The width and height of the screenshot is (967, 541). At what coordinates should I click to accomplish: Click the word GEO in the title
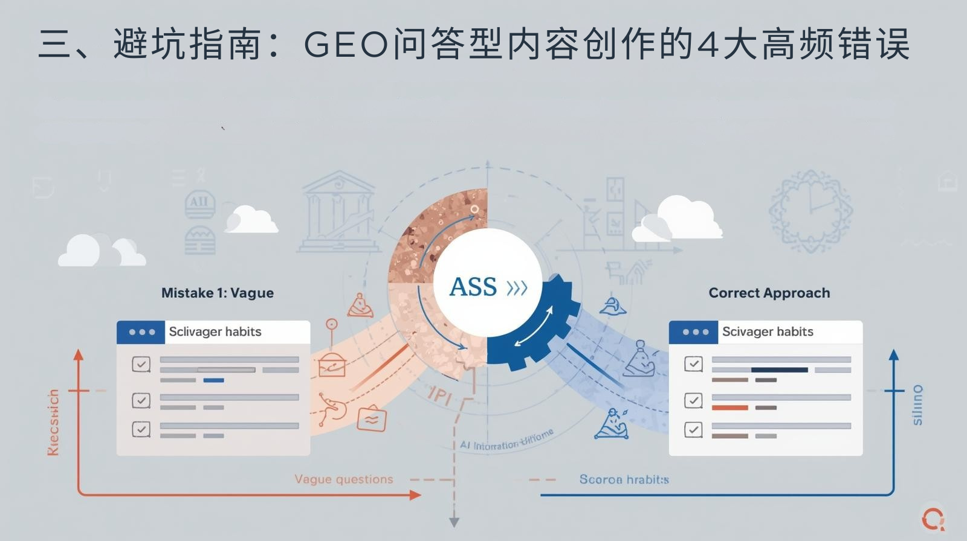tap(345, 44)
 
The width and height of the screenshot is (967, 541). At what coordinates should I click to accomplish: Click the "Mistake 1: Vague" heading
tap(218, 293)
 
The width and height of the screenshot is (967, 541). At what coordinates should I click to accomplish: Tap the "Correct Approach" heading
tap(769, 293)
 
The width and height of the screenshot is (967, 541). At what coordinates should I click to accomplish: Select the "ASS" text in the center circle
tap(473, 287)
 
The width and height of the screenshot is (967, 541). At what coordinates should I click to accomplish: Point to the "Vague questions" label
tap(343, 479)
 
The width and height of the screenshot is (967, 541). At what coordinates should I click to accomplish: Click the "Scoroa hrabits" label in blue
tap(624, 479)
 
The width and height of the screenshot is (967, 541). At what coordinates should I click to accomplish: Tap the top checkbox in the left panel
tap(141, 364)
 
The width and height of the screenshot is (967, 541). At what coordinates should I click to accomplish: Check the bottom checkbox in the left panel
tap(141, 429)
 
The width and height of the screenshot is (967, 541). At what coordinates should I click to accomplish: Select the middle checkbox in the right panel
tap(693, 400)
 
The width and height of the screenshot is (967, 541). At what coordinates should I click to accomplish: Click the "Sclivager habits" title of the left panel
tap(215, 331)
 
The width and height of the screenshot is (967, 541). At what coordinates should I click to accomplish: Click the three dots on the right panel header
tap(695, 332)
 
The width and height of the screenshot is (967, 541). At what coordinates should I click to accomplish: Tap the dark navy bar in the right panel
tap(779, 370)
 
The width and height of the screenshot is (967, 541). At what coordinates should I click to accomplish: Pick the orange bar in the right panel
tap(729, 408)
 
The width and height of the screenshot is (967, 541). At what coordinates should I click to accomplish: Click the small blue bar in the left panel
tap(213, 380)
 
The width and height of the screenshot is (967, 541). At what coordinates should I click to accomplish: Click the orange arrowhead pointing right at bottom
tap(415, 495)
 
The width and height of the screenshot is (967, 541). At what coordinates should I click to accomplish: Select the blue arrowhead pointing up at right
tap(894, 355)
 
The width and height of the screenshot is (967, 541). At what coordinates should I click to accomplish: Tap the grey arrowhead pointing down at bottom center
tap(454, 522)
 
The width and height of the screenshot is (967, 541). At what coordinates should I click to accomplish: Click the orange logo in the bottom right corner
tap(933, 518)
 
